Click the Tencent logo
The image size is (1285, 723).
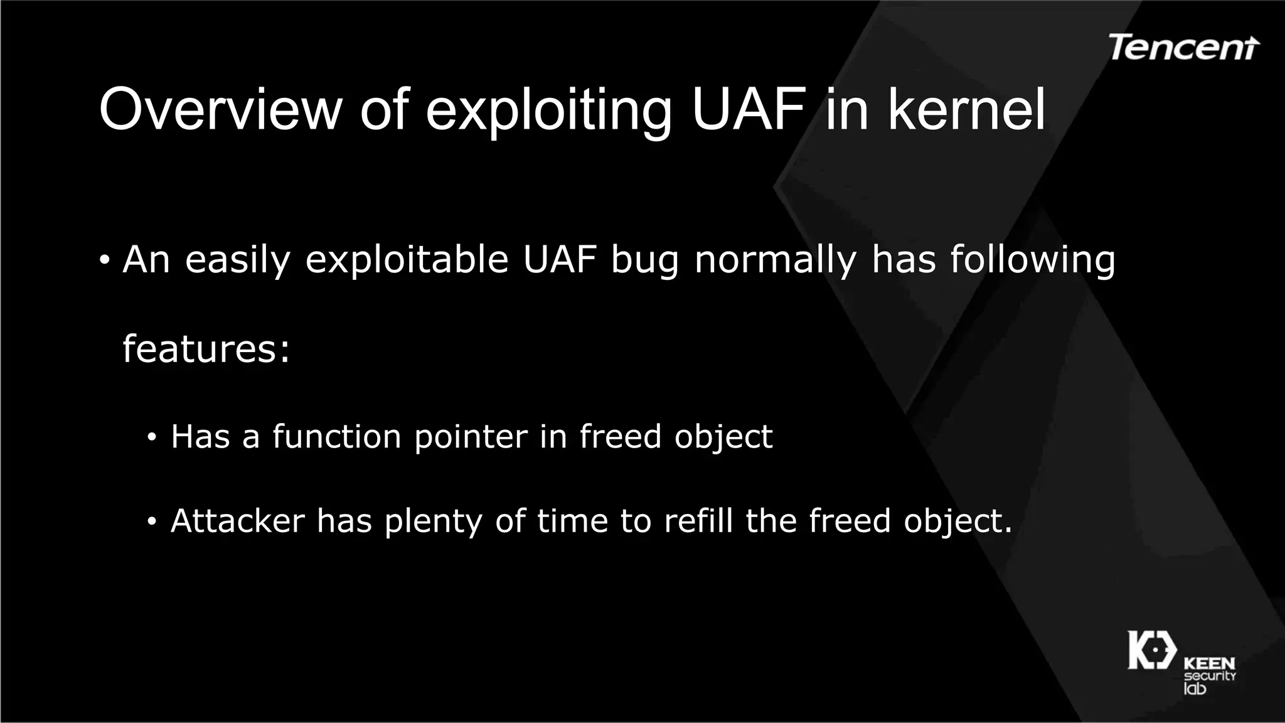(x=1183, y=48)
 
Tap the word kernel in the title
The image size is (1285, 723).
(x=966, y=109)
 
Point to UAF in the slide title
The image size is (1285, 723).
(x=749, y=109)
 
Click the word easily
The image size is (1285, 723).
(x=238, y=260)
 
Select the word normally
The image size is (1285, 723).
(x=776, y=260)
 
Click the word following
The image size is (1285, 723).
(x=1033, y=260)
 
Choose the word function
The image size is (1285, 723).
(x=336, y=436)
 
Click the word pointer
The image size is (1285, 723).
(x=471, y=437)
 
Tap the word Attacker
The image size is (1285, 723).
(x=237, y=521)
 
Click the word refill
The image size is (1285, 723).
(x=698, y=521)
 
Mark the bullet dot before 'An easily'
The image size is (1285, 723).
(x=105, y=260)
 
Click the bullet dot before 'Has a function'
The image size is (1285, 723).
(x=151, y=437)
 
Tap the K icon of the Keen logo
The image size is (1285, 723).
(x=1152, y=650)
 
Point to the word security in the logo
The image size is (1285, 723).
(x=1210, y=676)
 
